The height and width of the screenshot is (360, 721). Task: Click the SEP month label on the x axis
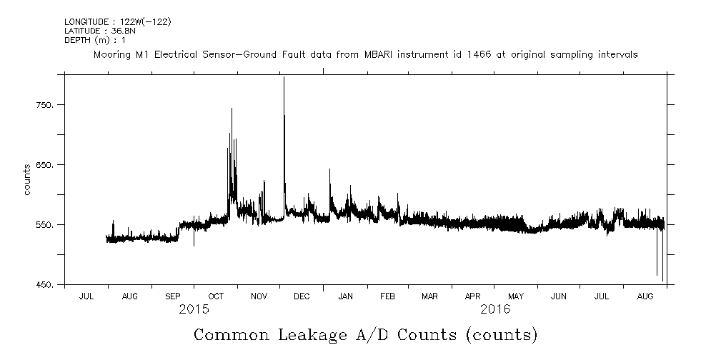click(173, 296)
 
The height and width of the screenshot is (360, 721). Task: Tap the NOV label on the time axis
click(259, 296)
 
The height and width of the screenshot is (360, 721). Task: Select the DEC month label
click(302, 296)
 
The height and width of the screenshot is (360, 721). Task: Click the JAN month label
click(345, 296)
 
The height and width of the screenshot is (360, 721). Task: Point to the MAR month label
click(429, 296)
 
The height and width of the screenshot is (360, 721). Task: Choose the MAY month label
click(515, 296)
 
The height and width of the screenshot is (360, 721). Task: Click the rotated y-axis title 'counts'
click(27, 179)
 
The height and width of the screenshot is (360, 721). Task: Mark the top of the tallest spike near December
click(284, 77)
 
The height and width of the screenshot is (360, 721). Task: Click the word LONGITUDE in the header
click(86, 21)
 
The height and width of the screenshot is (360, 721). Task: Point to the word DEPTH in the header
click(76, 40)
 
